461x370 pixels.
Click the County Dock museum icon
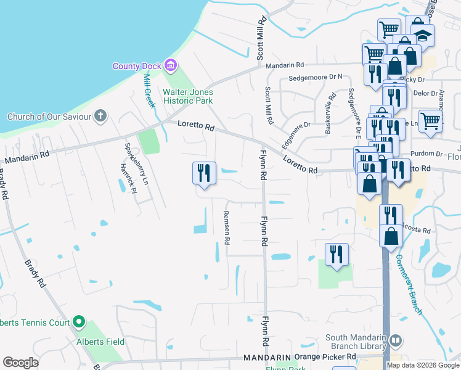[x=171, y=65]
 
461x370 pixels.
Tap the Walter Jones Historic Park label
[x=187, y=96]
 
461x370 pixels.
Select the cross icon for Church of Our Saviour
[x=101, y=117]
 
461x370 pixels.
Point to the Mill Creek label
[x=148, y=90]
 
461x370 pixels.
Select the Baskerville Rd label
[x=332, y=113]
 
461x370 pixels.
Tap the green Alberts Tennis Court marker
[x=78, y=322]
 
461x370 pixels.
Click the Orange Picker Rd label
[x=325, y=357]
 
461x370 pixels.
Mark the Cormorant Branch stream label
[x=410, y=285]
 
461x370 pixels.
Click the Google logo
[x=21, y=363]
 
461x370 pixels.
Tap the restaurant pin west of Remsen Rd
[x=204, y=173]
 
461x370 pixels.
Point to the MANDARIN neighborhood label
[x=266, y=358]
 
